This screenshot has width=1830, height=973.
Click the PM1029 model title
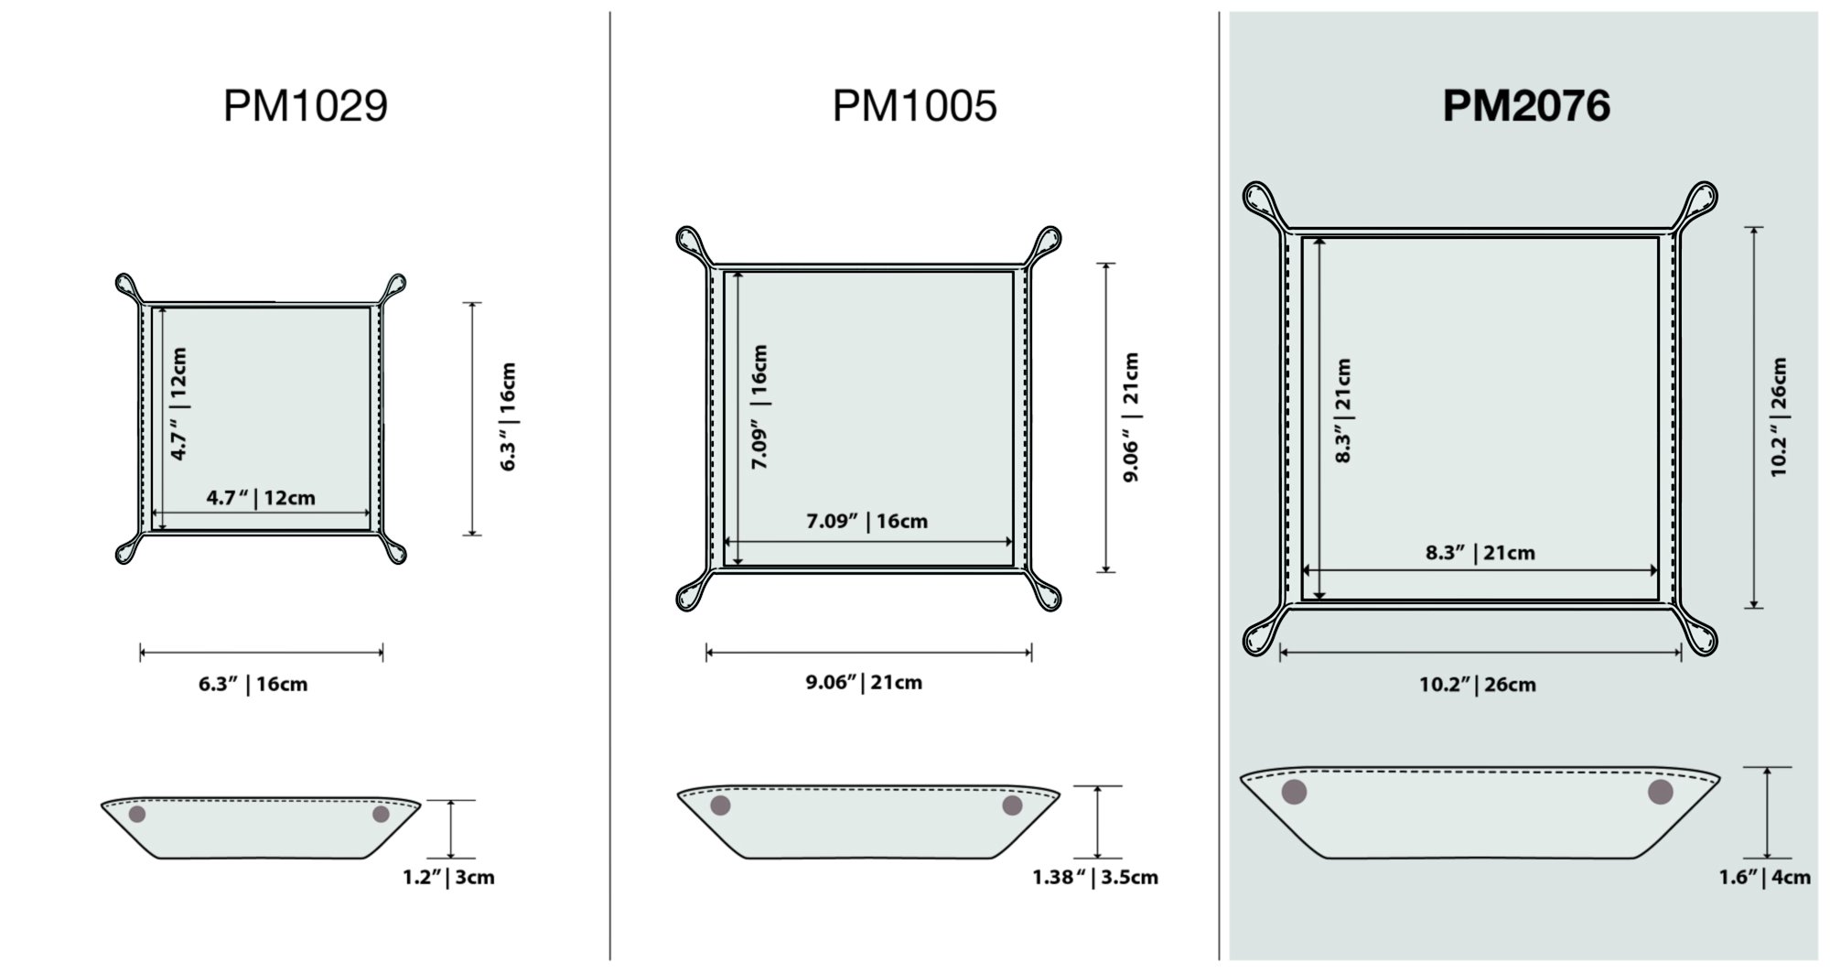(306, 105)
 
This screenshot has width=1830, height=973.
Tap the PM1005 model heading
(914, 105)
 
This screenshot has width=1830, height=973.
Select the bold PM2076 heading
(1525, 105)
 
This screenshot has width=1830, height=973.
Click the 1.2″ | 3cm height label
(448, 877)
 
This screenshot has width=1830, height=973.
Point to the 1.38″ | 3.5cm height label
(1095, 877)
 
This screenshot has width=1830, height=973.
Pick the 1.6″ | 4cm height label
(1764, 877)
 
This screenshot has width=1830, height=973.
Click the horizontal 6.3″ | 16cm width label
(253, 684)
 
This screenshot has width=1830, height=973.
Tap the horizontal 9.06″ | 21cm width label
(864, 682)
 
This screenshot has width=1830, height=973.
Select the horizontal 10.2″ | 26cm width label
(1477, 684)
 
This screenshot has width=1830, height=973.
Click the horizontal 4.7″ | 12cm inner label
(261, 498)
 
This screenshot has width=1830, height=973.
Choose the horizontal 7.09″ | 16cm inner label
(867, 521)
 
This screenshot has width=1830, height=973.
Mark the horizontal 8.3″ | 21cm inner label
(1480, 552)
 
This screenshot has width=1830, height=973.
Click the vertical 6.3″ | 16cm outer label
(509, 416)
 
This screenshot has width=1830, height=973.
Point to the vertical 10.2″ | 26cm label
(1778, 416)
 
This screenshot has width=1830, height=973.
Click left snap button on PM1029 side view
(137, 814)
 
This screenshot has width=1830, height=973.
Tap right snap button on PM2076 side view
(1660, 792)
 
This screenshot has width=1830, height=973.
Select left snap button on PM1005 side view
(721, 805)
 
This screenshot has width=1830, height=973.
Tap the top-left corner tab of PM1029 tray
(127, 285)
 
